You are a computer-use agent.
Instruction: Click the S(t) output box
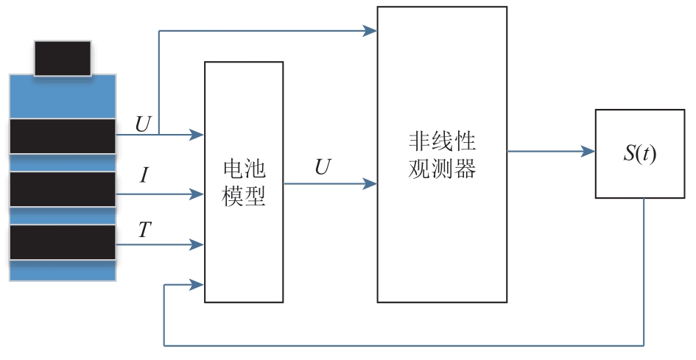point(639,154)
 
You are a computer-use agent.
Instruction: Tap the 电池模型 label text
point(244,182)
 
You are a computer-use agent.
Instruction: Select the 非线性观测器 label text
point(442,155)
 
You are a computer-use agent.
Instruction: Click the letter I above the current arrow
point(144,175)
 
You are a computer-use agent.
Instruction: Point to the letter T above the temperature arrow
point(144,230)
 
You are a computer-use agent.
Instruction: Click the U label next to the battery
point(143,124)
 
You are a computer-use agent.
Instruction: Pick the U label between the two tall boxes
point(323,167)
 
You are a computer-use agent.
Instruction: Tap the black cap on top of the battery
point(63,58)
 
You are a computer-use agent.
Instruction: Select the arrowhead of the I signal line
point(196,194)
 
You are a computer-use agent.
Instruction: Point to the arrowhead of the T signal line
point(196,244)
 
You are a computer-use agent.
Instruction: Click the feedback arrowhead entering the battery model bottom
point(196,284)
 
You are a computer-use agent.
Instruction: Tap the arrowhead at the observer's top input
point(370,31)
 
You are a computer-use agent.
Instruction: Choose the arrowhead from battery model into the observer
point(370,183)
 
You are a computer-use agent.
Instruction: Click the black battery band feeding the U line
point(63,136)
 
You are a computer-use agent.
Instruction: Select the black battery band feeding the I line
point(63,189)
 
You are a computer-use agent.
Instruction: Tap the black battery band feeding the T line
point(63,242)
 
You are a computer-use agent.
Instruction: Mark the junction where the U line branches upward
point(159,134)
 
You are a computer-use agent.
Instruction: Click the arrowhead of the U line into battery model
point(196,134)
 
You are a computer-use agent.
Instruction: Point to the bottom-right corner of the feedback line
point(644,345)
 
